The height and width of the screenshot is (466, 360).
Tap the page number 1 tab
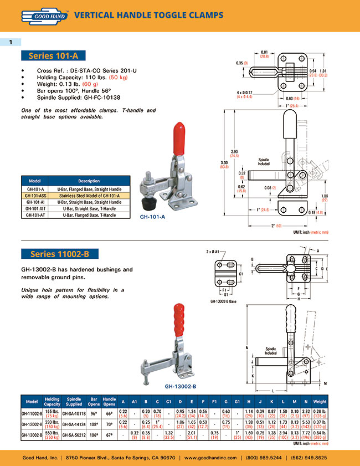pyautogui.click(x=11, y=42)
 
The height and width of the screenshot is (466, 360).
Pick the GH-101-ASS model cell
pyautogui.click(x=35, y=196)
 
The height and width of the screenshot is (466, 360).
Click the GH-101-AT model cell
pyautogui.click(x=35, y=214)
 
